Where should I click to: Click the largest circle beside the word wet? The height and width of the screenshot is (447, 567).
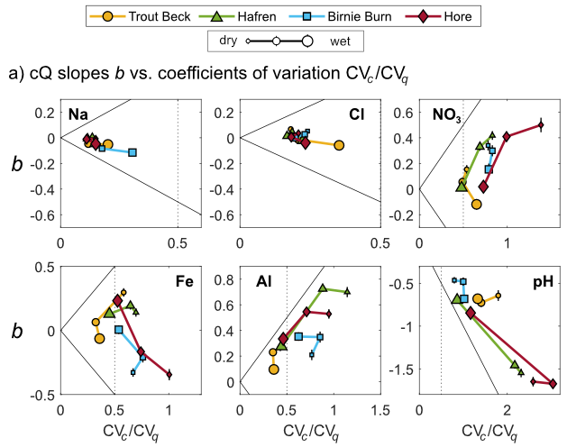[x=307, y=41]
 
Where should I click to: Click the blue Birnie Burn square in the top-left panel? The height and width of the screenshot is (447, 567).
[x=133, y=152]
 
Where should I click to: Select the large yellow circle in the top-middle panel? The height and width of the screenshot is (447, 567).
[x=339, y=144]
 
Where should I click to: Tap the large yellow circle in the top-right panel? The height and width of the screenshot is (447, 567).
[x=477, y=205]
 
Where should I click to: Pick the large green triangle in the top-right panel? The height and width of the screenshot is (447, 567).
[x=462, y=187]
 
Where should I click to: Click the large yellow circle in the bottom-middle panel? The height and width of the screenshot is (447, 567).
[x=273, y=369]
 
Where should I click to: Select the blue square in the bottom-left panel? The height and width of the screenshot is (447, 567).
[x=118, y=330]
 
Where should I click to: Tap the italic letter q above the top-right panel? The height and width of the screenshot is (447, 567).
[x=404, y=78]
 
